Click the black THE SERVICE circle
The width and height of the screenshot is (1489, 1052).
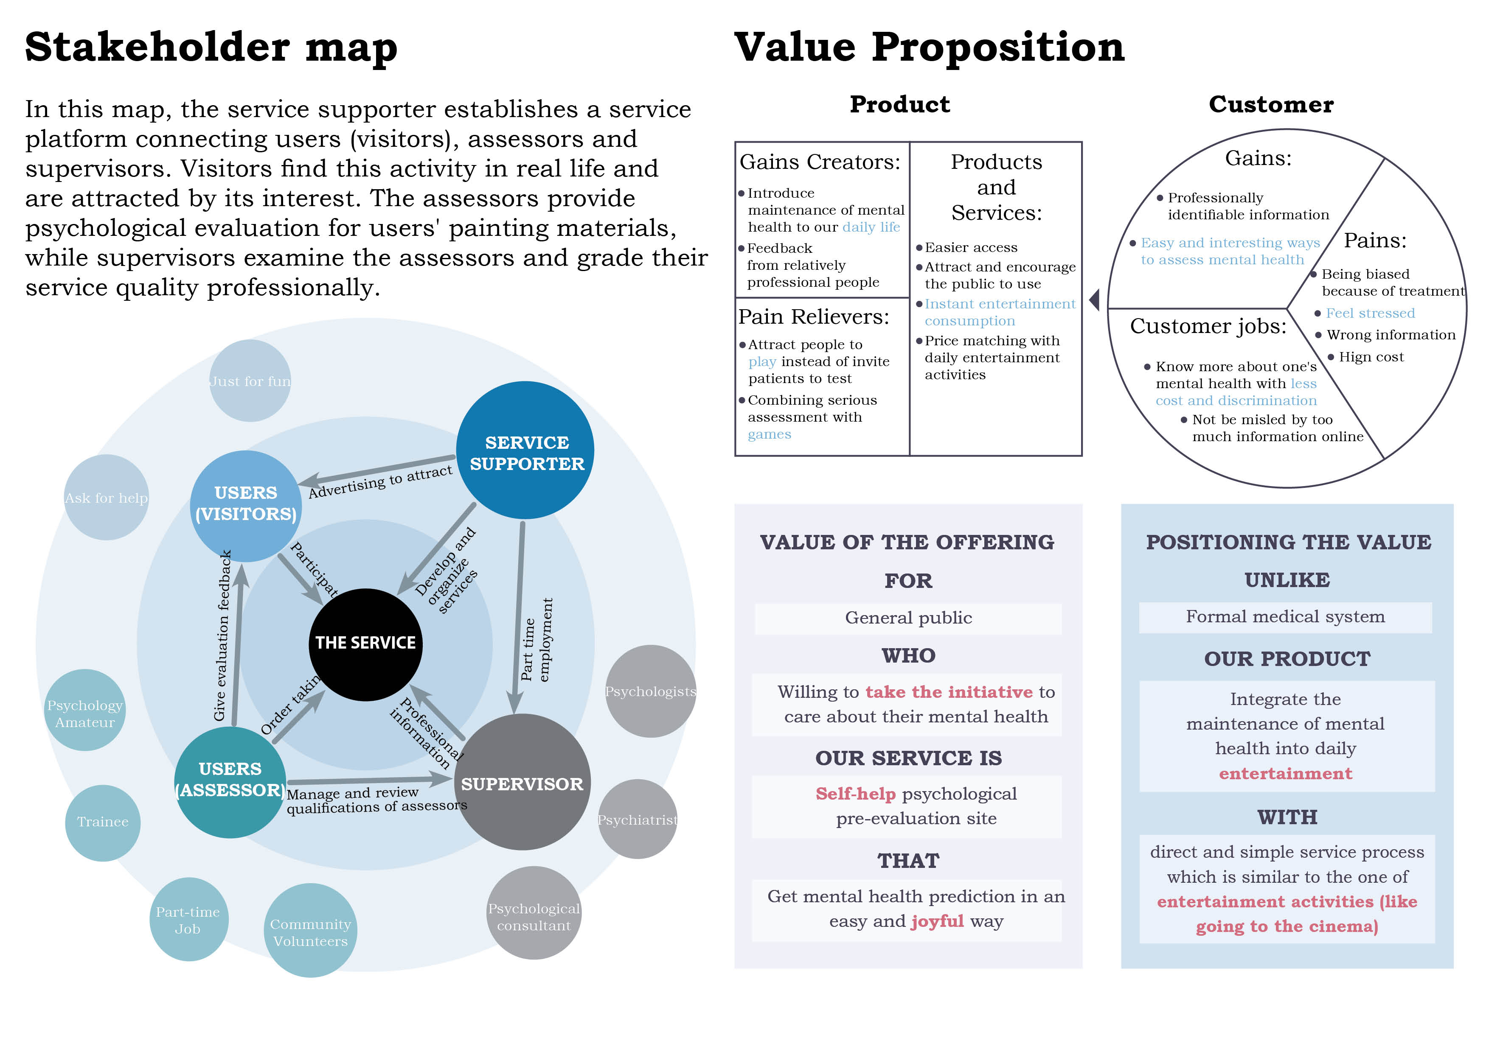365,644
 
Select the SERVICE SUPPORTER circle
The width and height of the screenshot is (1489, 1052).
525,450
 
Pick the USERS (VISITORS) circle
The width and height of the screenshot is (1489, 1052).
246,506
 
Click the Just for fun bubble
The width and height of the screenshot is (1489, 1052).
250,381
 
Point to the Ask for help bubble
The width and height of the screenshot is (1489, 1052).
107,497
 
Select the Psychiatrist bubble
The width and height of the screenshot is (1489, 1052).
638,819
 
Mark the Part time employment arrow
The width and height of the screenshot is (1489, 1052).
519,616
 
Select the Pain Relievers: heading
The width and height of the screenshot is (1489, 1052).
814,317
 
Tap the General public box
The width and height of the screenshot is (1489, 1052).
908,618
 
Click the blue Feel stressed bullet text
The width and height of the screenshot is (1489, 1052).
1370,313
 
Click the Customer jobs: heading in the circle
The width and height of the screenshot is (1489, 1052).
1208,326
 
